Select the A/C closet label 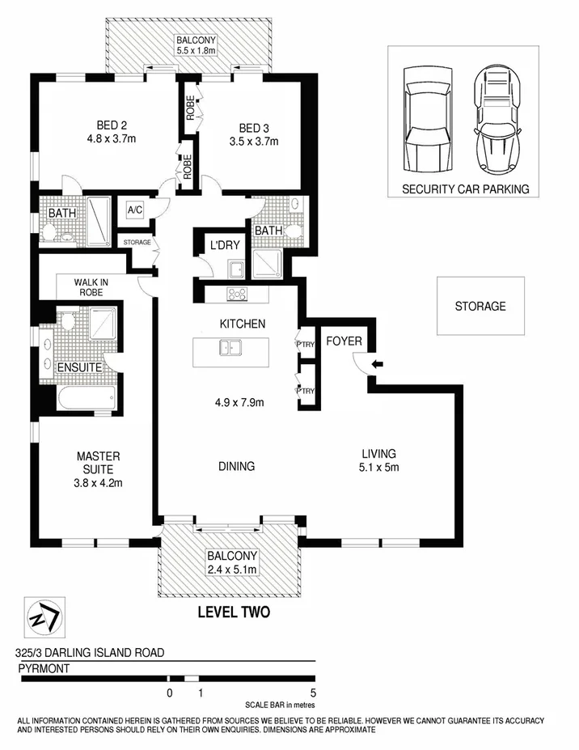pos(134,210)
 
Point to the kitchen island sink pos(230,349)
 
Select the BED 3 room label pos(254,127)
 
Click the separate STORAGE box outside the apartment pos(480,306)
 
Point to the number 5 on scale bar pos(312,693)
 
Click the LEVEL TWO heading pos(234,612)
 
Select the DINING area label pos(236,466)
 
